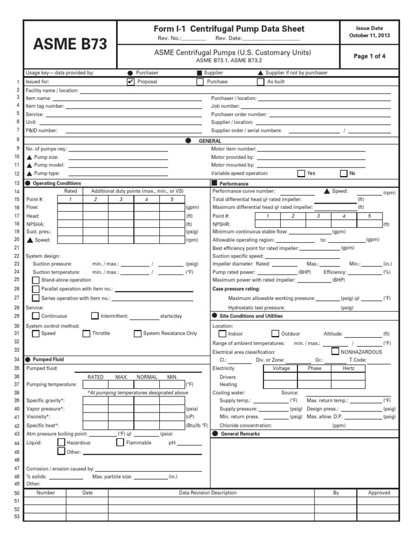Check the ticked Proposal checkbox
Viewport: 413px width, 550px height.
coord(130,82)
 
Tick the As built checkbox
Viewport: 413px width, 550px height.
coord(261,82)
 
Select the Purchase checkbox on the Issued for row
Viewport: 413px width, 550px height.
coord(200,82)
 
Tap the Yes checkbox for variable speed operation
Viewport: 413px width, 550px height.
coord(301,173)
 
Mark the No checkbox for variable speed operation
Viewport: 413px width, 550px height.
coord(344,173)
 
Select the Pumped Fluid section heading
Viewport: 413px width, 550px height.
coord(49,359)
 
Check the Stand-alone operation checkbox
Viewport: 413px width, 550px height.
coord(36,280)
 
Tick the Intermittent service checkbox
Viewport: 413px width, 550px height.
coord(95,316)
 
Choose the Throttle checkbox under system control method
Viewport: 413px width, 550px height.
coord(87,334)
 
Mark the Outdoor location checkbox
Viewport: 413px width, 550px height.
coord(275,334)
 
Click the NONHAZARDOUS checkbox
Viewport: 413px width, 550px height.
coord(336,351)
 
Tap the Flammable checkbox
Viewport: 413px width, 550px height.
coord(120,443)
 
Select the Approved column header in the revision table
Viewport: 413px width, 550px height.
coord(379,493)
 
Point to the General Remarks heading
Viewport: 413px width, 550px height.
coord(240,433)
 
